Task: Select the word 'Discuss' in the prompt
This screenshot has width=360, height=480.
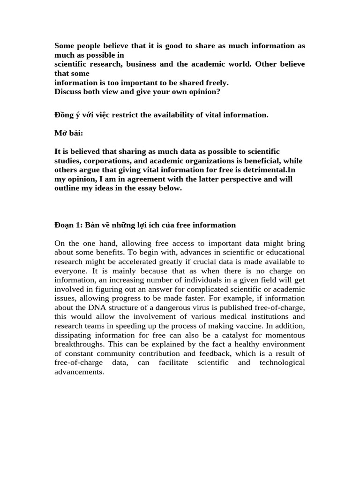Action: coord(68,91)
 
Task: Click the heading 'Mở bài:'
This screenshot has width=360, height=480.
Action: coord(68,133)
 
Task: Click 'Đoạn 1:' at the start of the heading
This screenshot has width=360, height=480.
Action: coord(69,225)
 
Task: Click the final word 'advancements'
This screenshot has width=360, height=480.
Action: coord(79,371)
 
